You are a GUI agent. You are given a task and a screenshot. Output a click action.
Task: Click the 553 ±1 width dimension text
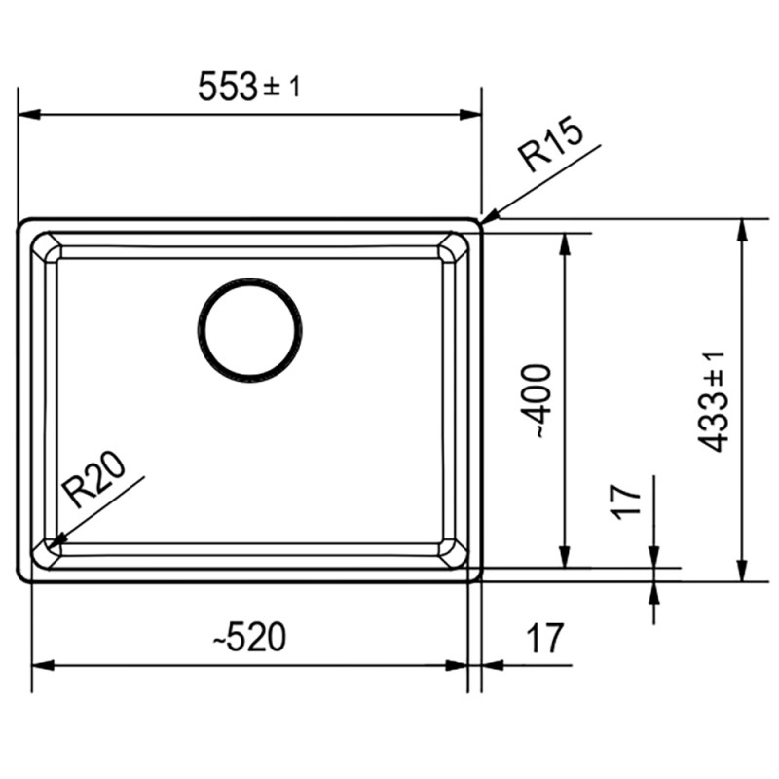[249, 87]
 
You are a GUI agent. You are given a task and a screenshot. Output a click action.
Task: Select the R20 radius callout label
[95, 479]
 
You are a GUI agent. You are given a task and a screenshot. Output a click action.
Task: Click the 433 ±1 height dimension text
[711, 401]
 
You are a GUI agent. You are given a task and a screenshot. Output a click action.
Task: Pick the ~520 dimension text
[249, 637]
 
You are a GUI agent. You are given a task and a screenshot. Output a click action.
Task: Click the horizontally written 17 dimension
[545, 638]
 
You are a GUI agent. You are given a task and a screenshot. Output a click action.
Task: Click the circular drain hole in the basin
[249, 330]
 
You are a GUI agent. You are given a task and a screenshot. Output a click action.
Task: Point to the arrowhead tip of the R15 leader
[481, 222]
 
